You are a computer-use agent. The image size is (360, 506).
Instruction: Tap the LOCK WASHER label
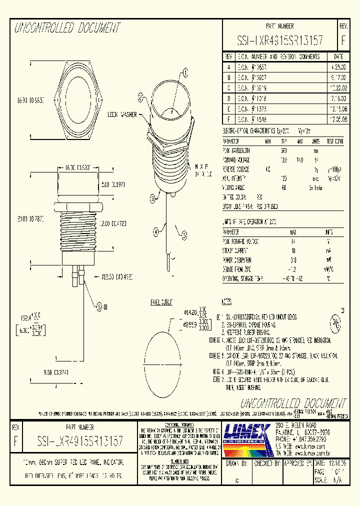(122, 114)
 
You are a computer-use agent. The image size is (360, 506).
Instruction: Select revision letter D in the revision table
(229, 99)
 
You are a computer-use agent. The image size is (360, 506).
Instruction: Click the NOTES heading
(226, 302)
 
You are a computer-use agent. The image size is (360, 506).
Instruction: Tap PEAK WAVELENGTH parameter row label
(238, 150)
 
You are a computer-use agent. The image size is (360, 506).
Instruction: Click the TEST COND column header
(335, 141)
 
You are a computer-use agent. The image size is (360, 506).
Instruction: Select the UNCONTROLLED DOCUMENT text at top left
(68, 28)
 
